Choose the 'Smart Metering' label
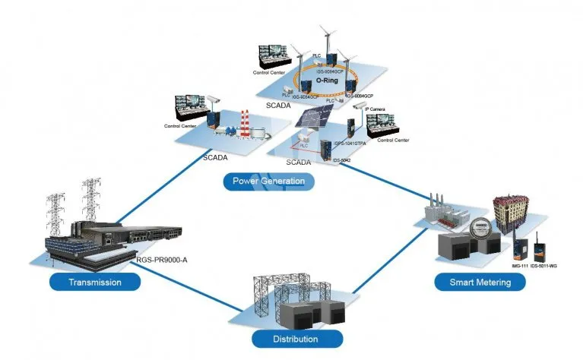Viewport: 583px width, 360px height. click(479, 283)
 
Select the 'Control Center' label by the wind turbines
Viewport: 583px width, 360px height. click(269, 73)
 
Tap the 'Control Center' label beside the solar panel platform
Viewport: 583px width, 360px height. click(393, 140)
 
